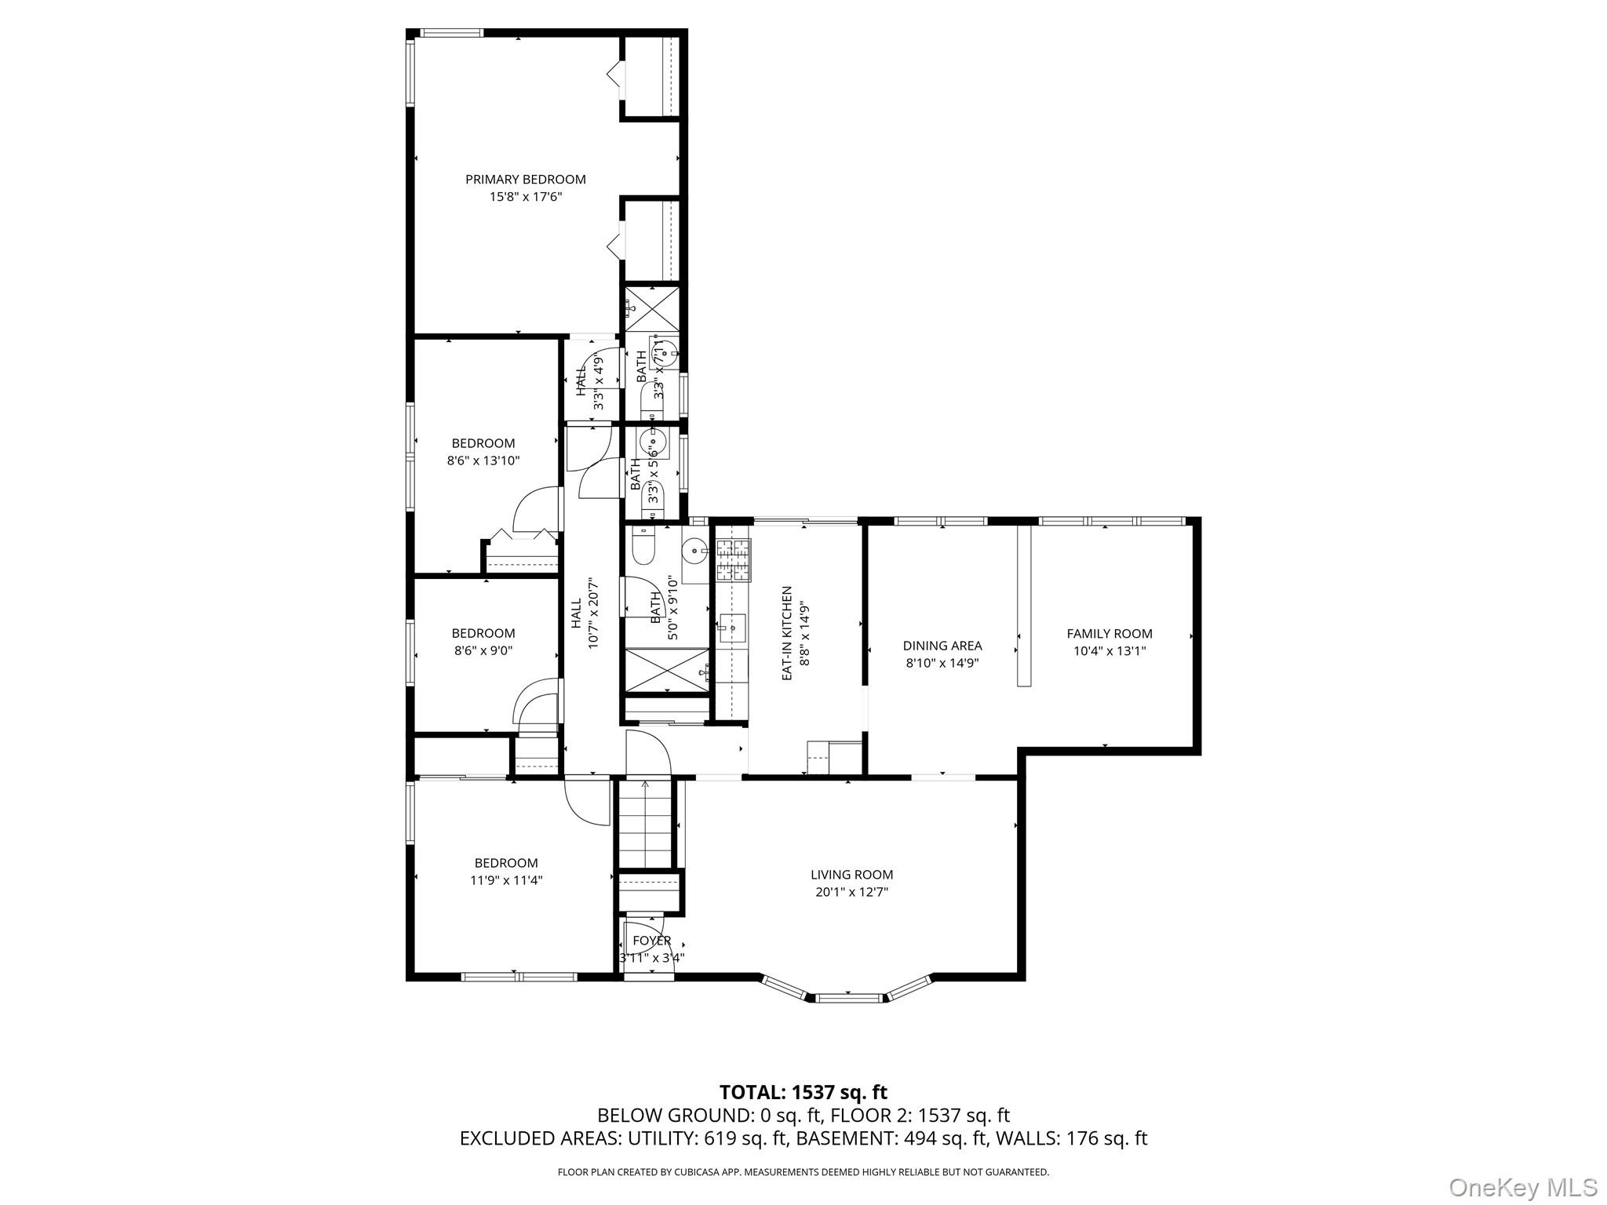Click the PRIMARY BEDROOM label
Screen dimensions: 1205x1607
[x=525, y=179]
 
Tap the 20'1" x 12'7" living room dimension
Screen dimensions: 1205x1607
[x=851, y=892]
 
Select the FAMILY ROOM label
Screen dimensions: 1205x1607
[x=1109, y=634]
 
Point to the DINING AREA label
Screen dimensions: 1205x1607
[x=942, y=646]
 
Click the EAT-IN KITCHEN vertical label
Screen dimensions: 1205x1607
[x=787, y=632]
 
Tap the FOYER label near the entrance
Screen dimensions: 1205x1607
[x=651, y=941]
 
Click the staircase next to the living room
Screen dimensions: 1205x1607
[x=645, y=824]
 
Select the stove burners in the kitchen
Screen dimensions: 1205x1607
[x=733, y=559]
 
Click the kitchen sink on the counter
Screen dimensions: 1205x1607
[x=732, y=628]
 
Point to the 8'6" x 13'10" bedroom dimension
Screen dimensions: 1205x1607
[x=483, y=461]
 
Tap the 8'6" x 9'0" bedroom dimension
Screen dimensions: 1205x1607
[x=483, y=650]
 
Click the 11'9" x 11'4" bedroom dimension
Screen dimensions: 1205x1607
[x=506, y=880]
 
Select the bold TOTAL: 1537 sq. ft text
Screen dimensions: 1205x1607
[x=803, y=1092]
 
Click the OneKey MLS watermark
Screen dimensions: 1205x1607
[x=1521, y=1187]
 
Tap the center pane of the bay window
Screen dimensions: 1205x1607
[x=851, y=998]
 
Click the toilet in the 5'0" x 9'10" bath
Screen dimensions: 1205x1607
[x=643, y=546]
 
